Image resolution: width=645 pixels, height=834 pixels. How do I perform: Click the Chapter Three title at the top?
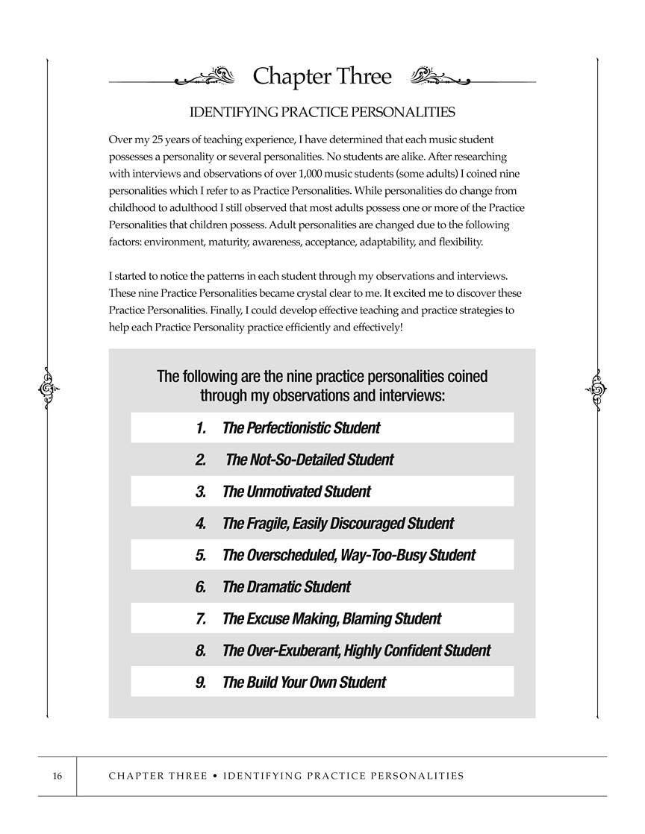(x=322, y=76)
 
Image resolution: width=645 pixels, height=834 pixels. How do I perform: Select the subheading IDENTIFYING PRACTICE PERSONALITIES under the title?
(x=322, y=113)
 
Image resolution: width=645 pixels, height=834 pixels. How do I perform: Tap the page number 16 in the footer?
(x=57, y=776)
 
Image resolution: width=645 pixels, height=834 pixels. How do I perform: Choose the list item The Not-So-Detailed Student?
(x=309, y=460)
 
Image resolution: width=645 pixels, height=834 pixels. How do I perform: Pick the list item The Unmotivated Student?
(x=296, y=492)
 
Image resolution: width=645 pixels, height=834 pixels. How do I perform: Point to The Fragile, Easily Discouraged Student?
(x=337, y=524)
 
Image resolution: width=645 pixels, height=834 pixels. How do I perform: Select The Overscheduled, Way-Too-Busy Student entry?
(x=349, y=555)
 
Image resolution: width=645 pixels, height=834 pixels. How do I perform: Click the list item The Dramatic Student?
(x=286, y=587)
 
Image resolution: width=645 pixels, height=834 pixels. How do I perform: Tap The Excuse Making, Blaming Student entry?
(x=331, y=618)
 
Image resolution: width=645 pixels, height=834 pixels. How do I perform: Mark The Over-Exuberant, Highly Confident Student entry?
(x=356, y=650)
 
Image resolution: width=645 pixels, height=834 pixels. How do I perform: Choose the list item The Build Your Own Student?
(x=304, y=682)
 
